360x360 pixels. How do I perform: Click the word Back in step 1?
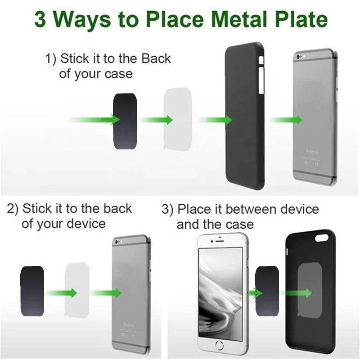click(x=156, y=58)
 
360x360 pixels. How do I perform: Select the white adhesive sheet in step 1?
click(x=179, y=119)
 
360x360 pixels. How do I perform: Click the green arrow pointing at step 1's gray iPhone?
click(x=285, y=120)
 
